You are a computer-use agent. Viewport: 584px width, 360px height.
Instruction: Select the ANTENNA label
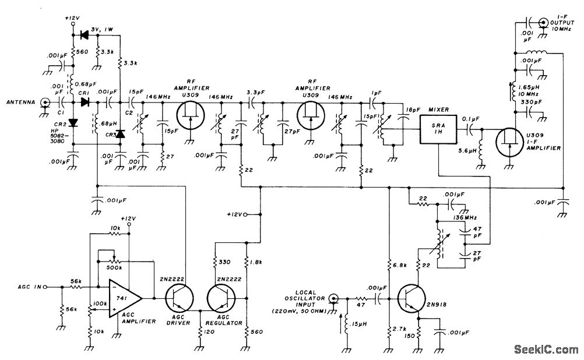click(x=18, y=102)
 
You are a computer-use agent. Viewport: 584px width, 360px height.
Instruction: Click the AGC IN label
click(x=30, y=287)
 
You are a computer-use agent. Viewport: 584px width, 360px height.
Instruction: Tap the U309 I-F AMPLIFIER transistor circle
click(x=511, y=143)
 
